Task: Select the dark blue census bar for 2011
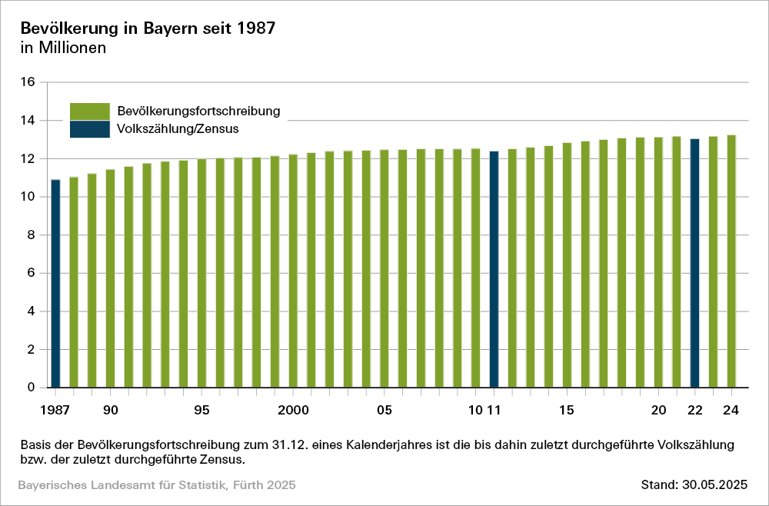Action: click(x=494, y=269)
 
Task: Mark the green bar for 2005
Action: click(x=384, y=268)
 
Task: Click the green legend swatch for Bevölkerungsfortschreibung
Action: click(x=90, y=111)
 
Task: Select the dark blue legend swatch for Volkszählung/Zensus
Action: click(x=90, y=128)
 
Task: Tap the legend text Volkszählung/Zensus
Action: click(x=178, y=128)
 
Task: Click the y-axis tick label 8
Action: click(x=32, y=235)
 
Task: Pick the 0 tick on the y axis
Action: click(x=32, y=388)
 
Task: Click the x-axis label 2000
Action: click(x=293, y=411)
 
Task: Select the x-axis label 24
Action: click(x=731, y=411)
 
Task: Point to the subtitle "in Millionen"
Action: click(x=62, y=48)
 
